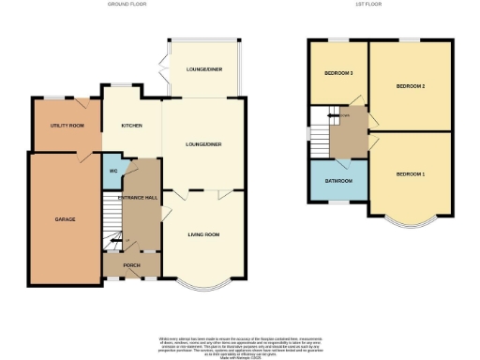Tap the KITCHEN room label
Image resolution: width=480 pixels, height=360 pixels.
[130, 125]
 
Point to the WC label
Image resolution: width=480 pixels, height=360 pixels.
[112, 171]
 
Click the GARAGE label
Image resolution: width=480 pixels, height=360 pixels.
[64, 219]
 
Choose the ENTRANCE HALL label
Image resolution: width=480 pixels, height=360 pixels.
[137, 198]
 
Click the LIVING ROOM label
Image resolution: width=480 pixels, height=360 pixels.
[202, 234]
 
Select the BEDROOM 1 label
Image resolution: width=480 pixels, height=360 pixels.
[410, 175]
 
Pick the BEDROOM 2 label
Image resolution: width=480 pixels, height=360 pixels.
[411, 86]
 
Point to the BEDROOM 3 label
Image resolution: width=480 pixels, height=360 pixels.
[338, 72]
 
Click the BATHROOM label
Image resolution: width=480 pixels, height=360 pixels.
[338, 180]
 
